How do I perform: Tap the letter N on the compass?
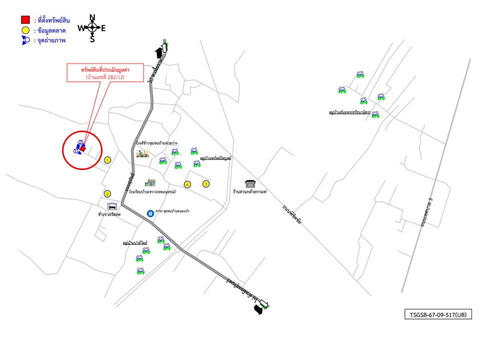tap(92, 18)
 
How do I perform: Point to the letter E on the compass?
tap(103, 28)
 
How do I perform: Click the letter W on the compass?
tap(81, 28)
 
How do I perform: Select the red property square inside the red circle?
tap(83, 148)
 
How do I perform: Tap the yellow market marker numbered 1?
tap(107, 160)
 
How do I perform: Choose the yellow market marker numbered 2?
tap(107, 194)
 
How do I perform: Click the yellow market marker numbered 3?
tap(205, 184)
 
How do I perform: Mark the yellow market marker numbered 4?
tap(187, 184)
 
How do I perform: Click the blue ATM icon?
tap(150, 213)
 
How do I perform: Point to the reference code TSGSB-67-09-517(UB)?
tap(437, 315)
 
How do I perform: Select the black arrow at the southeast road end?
tap(258, 310)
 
